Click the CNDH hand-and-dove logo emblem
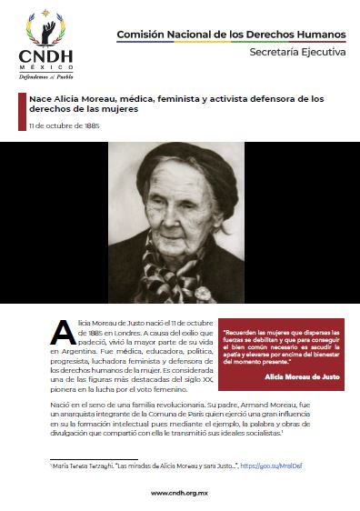[42, 27]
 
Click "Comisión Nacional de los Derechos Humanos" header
[231, 35]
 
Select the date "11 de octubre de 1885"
[63, 125]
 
